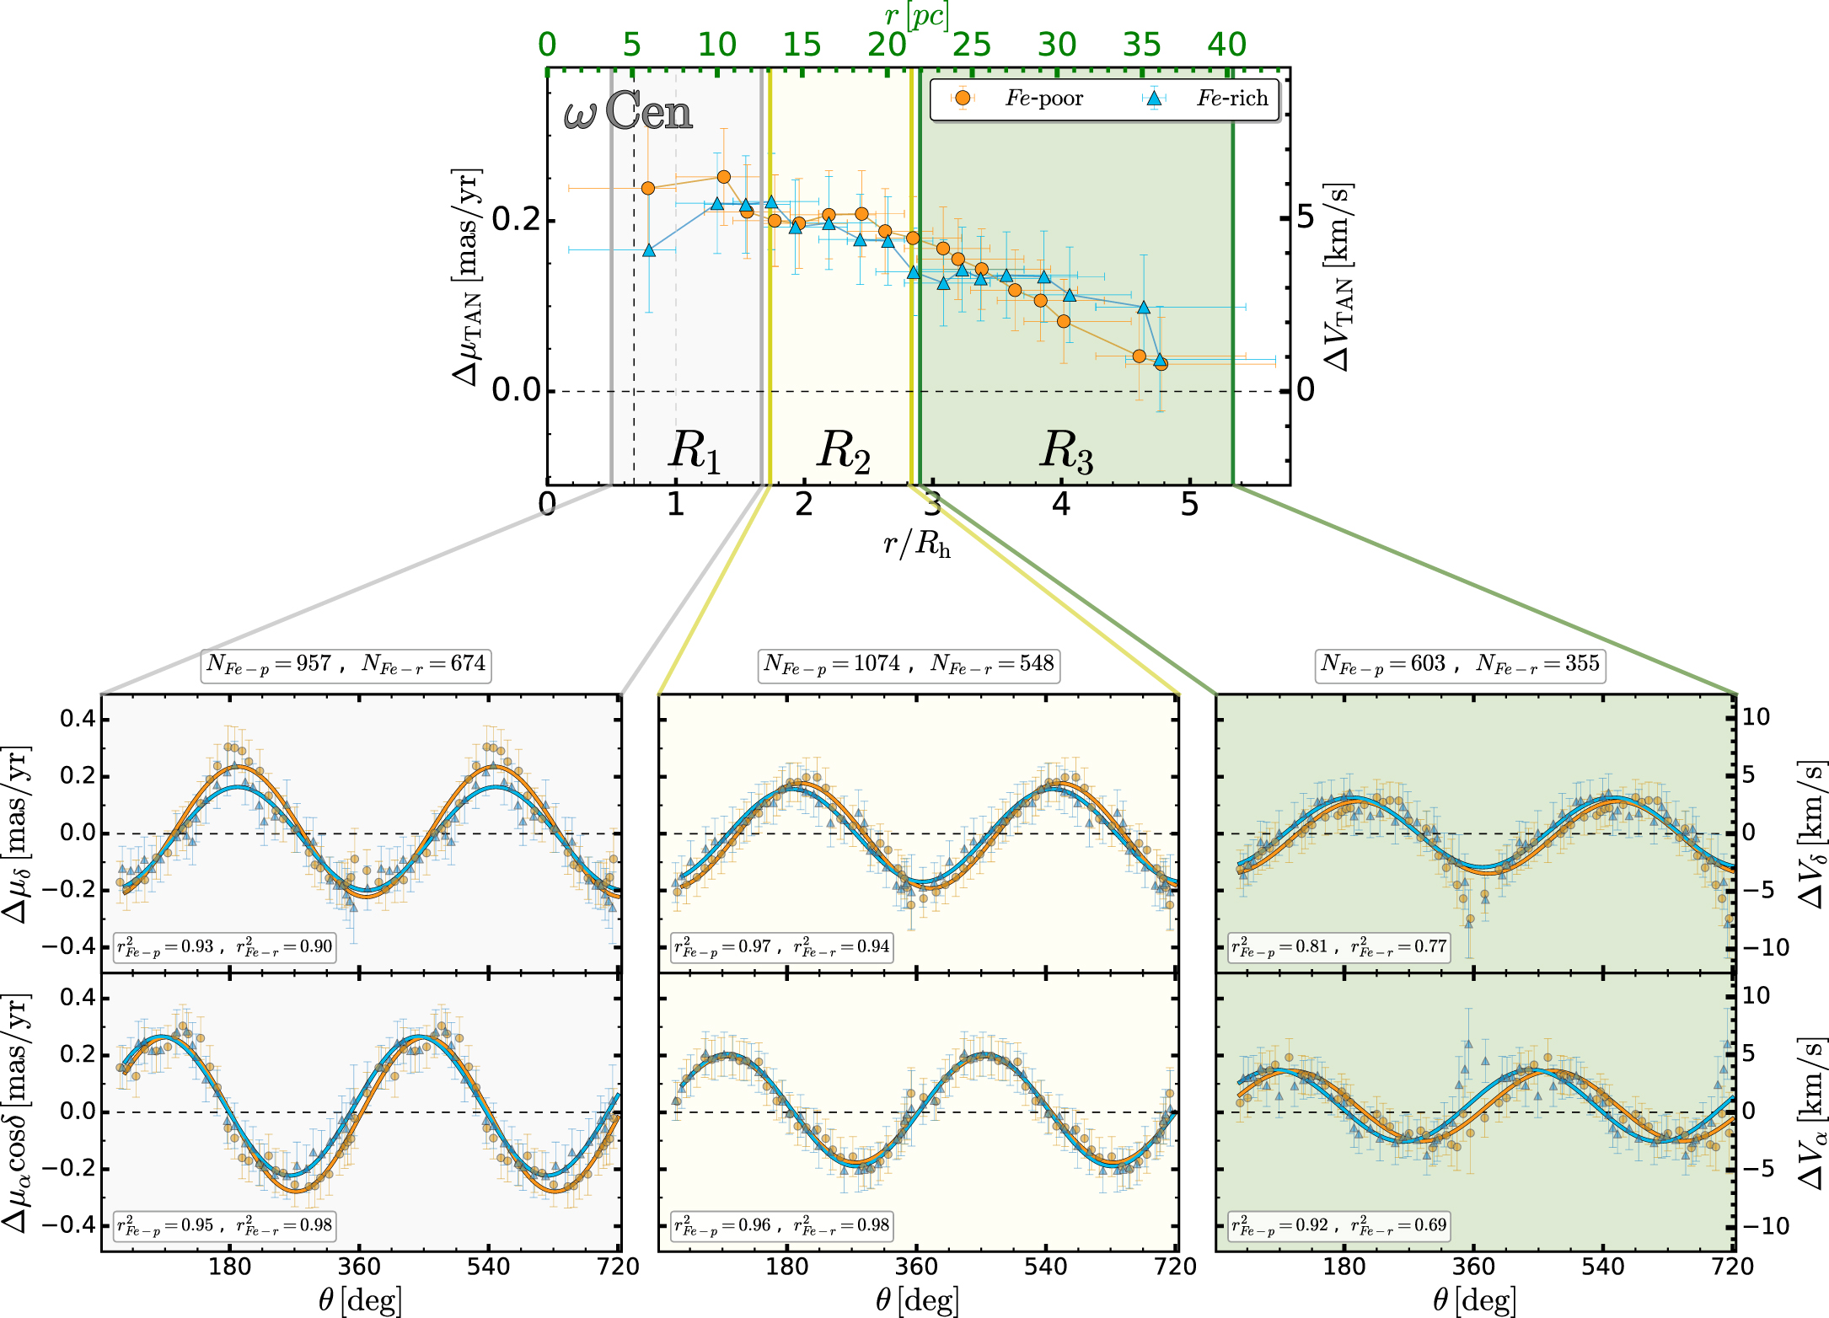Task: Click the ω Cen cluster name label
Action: point(628,111)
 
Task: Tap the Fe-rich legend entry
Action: point(1210,99)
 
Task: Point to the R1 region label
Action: point(695,450)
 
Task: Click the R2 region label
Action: point(843,450)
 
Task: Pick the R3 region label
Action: point(1066,450)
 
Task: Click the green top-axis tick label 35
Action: point(1142,45)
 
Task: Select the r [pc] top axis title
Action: point(917,14)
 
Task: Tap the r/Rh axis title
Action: point(917,545)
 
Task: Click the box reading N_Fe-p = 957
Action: point(346,665)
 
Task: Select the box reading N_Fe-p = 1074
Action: point(909,665)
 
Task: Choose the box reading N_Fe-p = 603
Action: point(1460,665)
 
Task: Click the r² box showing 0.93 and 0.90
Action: point(225,947)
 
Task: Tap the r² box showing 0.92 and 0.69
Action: point(1339,1225)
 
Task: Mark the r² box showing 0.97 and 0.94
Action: point(782,947)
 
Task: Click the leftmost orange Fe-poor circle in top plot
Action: point(648,188)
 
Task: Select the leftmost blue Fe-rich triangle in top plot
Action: point(648,250)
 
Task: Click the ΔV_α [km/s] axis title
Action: point(1810,1113)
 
